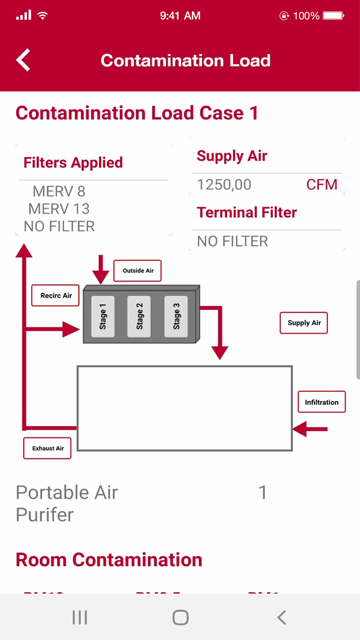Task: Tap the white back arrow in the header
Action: (x=23, y=60)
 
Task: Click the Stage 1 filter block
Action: (x=103, y=316)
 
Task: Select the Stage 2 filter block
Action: (x=139, y=316)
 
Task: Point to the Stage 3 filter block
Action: (x=176, y=316)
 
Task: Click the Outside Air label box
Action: (x=138, y=271)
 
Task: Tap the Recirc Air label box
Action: (x=55, y=296)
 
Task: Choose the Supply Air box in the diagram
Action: (x=304, y=323)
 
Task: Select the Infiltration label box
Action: (x=321, y=402)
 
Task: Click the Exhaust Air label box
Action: (x=48, y=448)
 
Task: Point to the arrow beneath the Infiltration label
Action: (x=310, y=429)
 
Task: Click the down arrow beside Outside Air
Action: (x=101, y=270)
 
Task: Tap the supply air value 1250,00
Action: (x=224, y=185)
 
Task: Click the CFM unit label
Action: (x=321, y=185)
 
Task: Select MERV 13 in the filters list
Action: (x=59, y=209)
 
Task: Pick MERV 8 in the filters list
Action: (x=59, y=191)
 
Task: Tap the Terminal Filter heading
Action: (x=247, y=212)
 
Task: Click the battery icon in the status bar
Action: (x=333, y=15)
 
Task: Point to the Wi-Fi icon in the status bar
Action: (x=43, y=15)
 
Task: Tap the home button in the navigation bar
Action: (x=180, y=618)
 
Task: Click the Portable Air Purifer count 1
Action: (x=263, y=492)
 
